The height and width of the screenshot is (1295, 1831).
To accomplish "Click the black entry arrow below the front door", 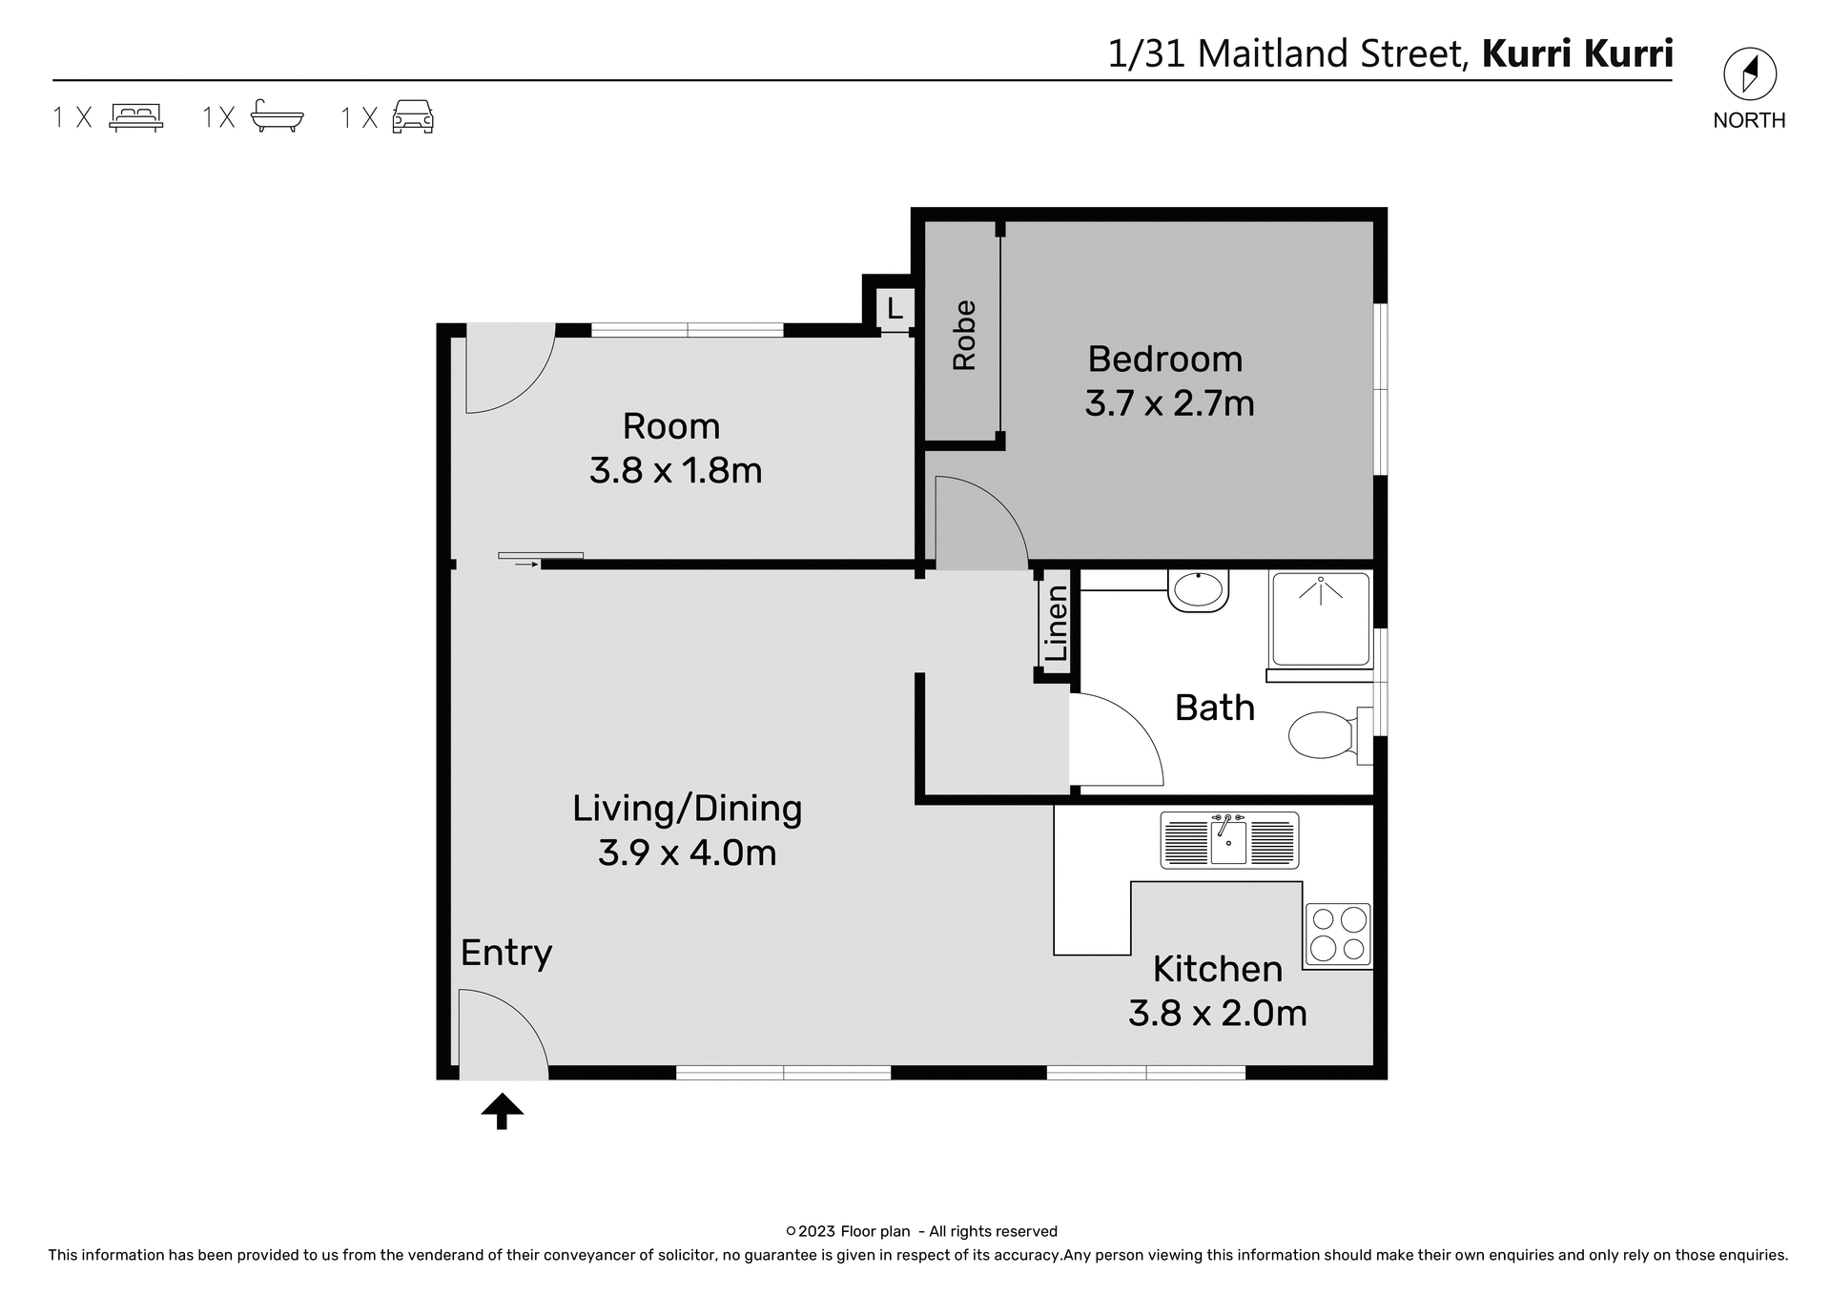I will click(x=503, y=1111).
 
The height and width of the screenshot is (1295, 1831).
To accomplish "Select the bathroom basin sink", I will click(x=1199, y=590).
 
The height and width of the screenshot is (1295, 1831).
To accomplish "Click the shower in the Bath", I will click(x=1320, y=619).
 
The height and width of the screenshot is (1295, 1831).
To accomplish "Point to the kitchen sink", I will click(x=1229, y=840).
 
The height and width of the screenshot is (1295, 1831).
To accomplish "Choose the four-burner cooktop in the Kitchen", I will click(x=1338, y=934).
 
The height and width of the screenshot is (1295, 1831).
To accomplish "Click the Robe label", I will click(x=964, y=336).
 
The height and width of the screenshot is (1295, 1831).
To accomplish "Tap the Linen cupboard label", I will click(x=1056, y=624).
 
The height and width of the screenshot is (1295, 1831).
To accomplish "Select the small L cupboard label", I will click(x=895, y=309).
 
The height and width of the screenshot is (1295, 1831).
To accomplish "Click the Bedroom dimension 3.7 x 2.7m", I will click(x=1169, y=403).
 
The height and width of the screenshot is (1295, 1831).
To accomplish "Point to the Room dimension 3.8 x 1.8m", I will click(x=675, y=471).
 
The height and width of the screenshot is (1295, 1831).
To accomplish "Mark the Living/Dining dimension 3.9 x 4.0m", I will click(x=687, y=853).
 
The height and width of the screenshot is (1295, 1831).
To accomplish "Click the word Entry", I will click(x=505, y=953).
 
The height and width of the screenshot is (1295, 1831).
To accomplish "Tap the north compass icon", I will click(x=1749, y=74).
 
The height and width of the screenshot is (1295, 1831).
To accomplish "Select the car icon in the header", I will click(x=413, y=116).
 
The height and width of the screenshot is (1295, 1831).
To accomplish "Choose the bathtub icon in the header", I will click(x=277, y=116).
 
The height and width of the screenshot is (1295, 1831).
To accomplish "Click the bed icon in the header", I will click(x=136, y=116).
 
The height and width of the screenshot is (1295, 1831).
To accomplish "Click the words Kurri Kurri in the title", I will click(x=1577, y=53).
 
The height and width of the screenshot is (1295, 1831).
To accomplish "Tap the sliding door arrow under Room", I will click(x=526, y=565).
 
